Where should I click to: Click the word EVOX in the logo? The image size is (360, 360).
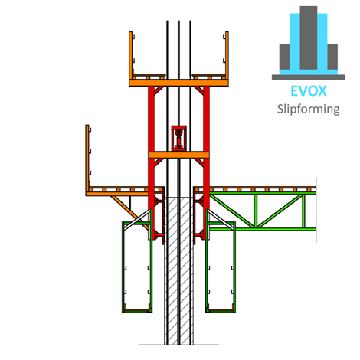309,91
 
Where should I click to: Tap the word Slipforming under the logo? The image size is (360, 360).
309,110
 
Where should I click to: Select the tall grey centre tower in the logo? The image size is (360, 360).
309,38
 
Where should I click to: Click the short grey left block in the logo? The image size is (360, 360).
284,57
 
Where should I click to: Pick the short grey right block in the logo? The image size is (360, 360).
332,57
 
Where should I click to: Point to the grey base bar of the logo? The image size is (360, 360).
309,77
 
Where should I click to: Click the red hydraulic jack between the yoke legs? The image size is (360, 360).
178,138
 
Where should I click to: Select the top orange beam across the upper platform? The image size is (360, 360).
178,83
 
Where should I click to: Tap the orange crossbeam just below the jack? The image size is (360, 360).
178,155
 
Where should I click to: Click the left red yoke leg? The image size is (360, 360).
151,162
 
